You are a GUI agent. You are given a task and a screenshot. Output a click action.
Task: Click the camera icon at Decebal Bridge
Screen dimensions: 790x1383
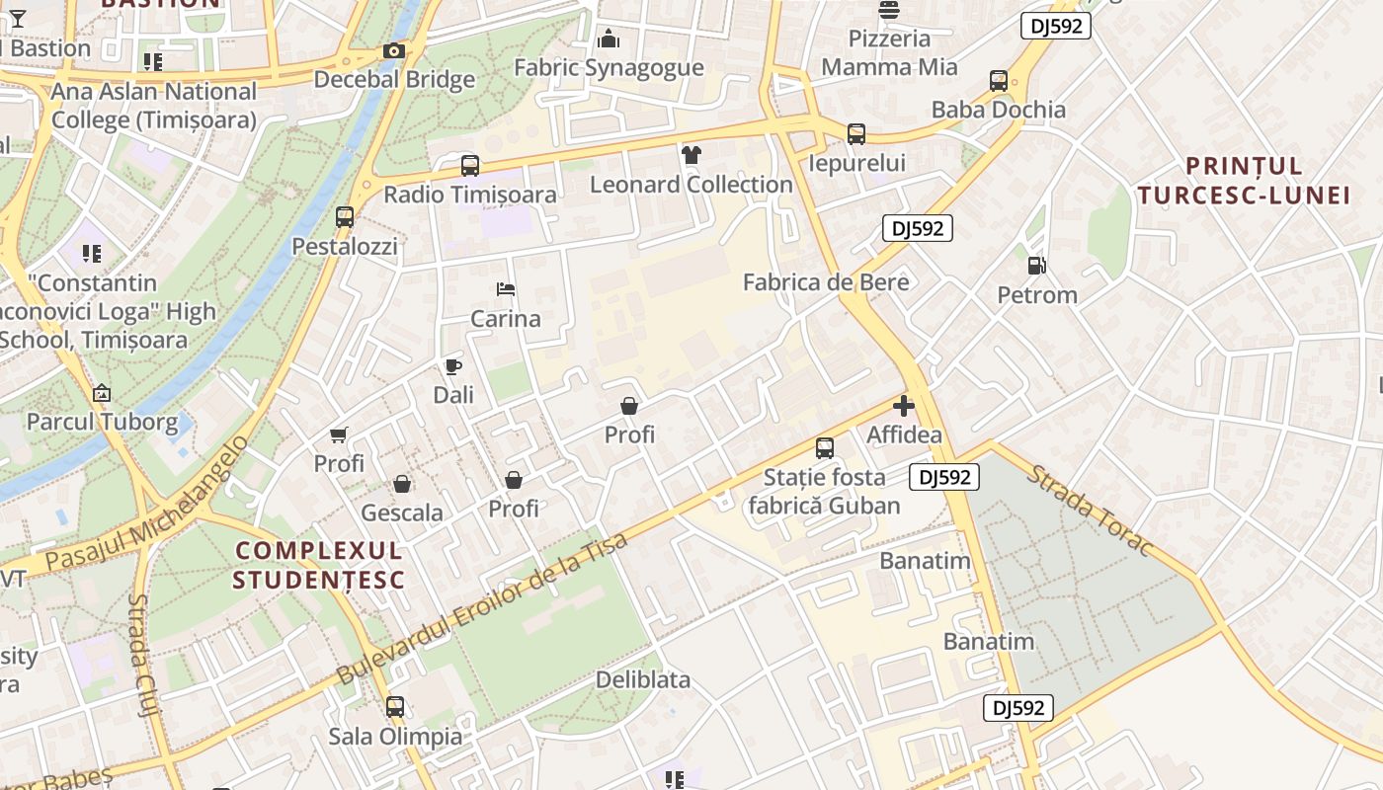coord(393,51)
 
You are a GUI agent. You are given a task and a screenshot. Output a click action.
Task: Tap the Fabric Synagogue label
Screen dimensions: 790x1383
coord(609,68)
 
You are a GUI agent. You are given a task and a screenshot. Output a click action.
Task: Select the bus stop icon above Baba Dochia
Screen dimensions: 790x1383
coord(999,81)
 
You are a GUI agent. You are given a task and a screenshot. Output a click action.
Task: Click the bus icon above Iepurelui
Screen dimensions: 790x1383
coord(856,133)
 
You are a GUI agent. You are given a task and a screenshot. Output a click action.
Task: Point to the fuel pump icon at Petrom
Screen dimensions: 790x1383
coord(1036,265)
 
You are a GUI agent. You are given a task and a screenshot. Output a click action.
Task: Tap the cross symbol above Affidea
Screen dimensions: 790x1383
coord(903,405)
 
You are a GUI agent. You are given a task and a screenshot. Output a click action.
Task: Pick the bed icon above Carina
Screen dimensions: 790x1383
coord(505,289)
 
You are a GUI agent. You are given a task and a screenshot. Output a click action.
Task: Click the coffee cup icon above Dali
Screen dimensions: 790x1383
coord(453,366)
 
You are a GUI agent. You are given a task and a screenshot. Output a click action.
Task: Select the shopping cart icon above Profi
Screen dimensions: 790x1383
coord(339,434)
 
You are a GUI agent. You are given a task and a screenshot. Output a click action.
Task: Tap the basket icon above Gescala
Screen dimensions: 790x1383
coord(402,483)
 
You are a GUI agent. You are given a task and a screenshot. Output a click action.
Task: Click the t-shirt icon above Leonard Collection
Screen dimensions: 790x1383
coord(691,154)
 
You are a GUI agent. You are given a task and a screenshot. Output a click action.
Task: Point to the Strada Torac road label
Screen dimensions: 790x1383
coord(1090,510)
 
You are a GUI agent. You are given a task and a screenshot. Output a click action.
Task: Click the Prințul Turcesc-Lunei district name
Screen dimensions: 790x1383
coord(1243,180)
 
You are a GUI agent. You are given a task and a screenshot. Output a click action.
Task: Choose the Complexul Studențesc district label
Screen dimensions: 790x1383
coord(319,564)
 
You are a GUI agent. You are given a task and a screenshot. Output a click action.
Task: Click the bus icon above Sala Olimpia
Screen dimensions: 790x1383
coord(395,707)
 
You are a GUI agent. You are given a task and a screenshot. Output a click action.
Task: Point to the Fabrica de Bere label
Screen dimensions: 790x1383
coord(825,282)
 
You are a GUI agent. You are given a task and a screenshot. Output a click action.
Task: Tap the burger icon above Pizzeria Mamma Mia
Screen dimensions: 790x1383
coord(889,11)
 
